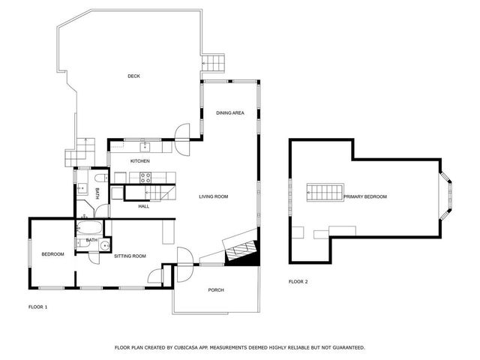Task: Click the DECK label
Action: point(133,76)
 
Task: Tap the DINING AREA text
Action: point(230,113)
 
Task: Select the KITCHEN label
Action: point(140,161)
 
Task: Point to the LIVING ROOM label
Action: point(213,196)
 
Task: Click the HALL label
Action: point(144,206)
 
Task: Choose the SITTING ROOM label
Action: point(129,256)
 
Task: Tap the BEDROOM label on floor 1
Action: point(52,254)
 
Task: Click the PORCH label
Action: point(216,290)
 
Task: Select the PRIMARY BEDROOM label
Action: point(365,196)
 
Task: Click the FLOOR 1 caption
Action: point(37,307)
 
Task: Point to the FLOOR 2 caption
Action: point(298,282)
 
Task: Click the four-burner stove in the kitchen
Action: point(146,178)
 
